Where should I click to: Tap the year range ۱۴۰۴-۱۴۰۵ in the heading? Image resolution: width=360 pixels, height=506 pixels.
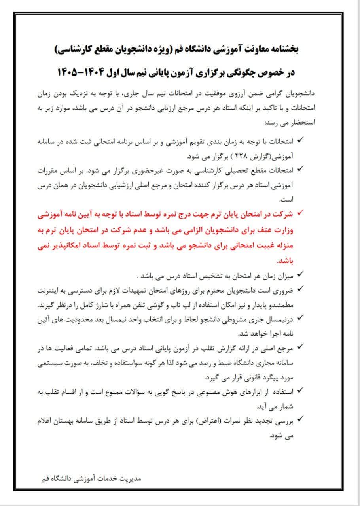coord(83,72)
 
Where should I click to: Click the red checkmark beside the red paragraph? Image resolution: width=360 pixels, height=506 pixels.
coord(300,213)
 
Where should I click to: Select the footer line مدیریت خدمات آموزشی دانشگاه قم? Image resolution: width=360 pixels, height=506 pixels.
coord(91,478)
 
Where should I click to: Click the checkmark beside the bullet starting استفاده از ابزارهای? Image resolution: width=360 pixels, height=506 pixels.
coord(300,390)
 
